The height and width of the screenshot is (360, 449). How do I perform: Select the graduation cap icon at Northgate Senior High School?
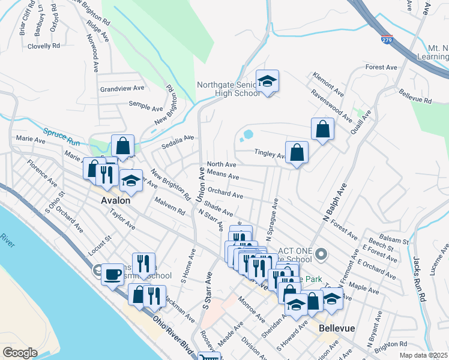(267, 82)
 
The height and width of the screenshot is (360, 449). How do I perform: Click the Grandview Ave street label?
(122, 88)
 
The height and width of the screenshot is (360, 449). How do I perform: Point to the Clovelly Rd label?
(43, 46)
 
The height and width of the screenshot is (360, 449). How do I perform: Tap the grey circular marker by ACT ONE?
(321, 254)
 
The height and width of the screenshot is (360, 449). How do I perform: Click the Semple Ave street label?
(146, 107)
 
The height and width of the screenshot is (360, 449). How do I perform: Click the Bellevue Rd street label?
(415, 98)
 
